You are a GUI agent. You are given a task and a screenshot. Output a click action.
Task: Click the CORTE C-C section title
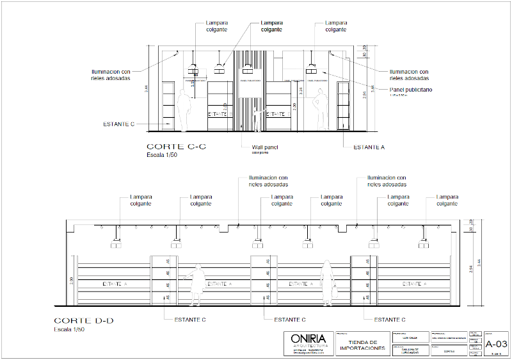coord(176,146)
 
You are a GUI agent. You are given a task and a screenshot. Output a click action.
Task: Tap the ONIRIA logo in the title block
coord(308,339)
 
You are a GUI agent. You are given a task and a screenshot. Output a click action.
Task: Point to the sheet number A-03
coord(497,344)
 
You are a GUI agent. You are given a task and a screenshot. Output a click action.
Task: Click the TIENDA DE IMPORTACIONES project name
coord(362,345)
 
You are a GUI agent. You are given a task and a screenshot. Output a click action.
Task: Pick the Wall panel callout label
coord(265,147)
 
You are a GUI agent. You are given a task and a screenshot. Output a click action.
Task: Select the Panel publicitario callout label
coord(411,90)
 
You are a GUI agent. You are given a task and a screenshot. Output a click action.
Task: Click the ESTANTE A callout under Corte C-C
coord(369,147)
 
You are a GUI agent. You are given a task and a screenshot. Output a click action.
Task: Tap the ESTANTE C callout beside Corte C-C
coord(118,124)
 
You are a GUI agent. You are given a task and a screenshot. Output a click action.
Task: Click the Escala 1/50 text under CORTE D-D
coord(69,329)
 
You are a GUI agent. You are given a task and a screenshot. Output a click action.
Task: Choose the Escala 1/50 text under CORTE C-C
coord(162,154)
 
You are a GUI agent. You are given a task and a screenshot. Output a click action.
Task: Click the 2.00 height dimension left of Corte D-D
coord(72,280)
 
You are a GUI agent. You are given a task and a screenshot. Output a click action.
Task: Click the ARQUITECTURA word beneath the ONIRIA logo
coord(308,346)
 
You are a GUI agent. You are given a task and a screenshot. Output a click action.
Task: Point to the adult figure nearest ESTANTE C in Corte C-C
coord(184,110)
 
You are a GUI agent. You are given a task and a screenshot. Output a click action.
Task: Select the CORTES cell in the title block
coord(449,351)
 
